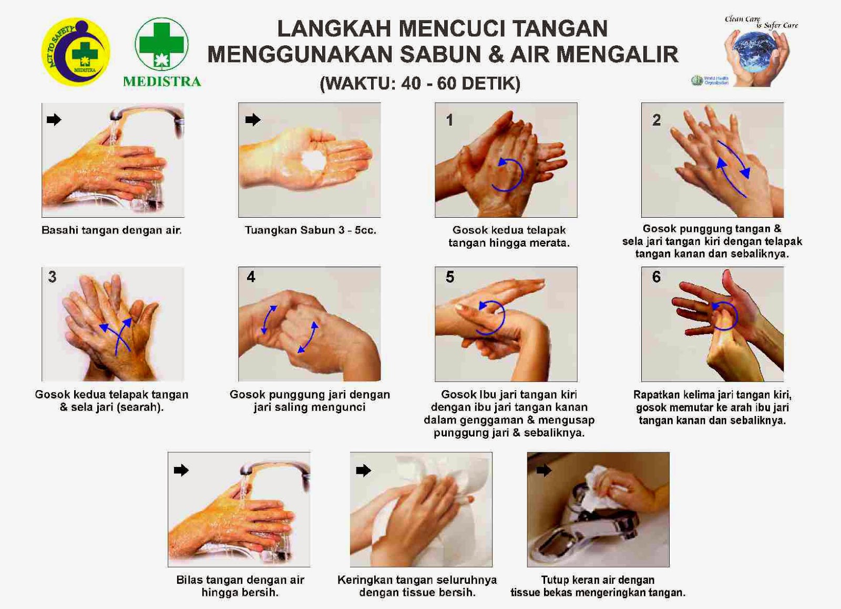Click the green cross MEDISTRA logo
(x=161, y=44)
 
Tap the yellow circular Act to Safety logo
(x=76, y=52)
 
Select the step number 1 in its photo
(x=449, y=120)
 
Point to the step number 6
(x=656, y=277)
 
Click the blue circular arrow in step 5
(x=491, y=317)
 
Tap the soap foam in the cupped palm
(x=314, y=159)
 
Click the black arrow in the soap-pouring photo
(x=253, y=120)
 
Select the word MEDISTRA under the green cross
(x=162, y=82)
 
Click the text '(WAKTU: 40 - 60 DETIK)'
(x=420, y=83)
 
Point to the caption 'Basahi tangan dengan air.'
(x=111, y=230)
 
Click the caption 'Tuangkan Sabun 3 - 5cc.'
(x=310, y=230)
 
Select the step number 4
(x=251, y=277)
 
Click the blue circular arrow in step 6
(x=724, y=316)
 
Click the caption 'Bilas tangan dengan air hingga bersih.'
(x=240, y=586)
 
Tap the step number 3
(x=52, y=277)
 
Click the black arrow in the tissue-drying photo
(x=363, y=470)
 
